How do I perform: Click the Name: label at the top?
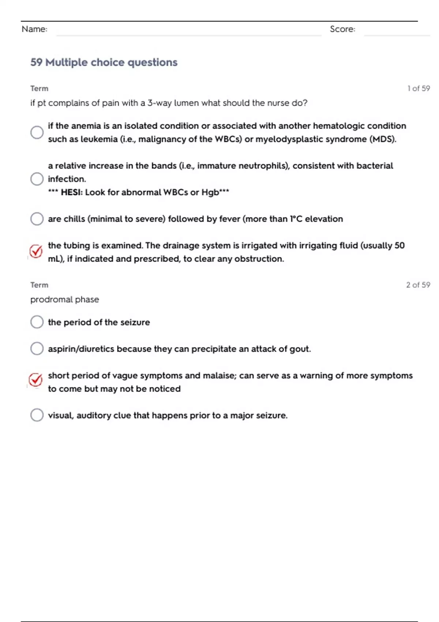(x=34, y=29)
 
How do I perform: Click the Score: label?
(x=342, y=29)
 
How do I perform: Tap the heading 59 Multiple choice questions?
(x=104, y=63)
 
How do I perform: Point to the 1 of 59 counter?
(x=419, y=89)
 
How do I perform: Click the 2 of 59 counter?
(x=418, y=285)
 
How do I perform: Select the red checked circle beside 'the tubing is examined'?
(x=36, y=251)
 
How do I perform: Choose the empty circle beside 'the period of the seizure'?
(x=37, y=322)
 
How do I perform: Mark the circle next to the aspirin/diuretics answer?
(x=37, y=349)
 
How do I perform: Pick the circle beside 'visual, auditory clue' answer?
(x=37, y=415)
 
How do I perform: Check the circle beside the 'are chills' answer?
(x=37, y=219)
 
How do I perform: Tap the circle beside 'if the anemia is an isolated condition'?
(x=37, y=132)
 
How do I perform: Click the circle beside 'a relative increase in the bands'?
(x=37, y=179)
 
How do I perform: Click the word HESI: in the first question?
(x=72, y=192)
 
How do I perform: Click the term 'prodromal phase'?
(x=65, y=300)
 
